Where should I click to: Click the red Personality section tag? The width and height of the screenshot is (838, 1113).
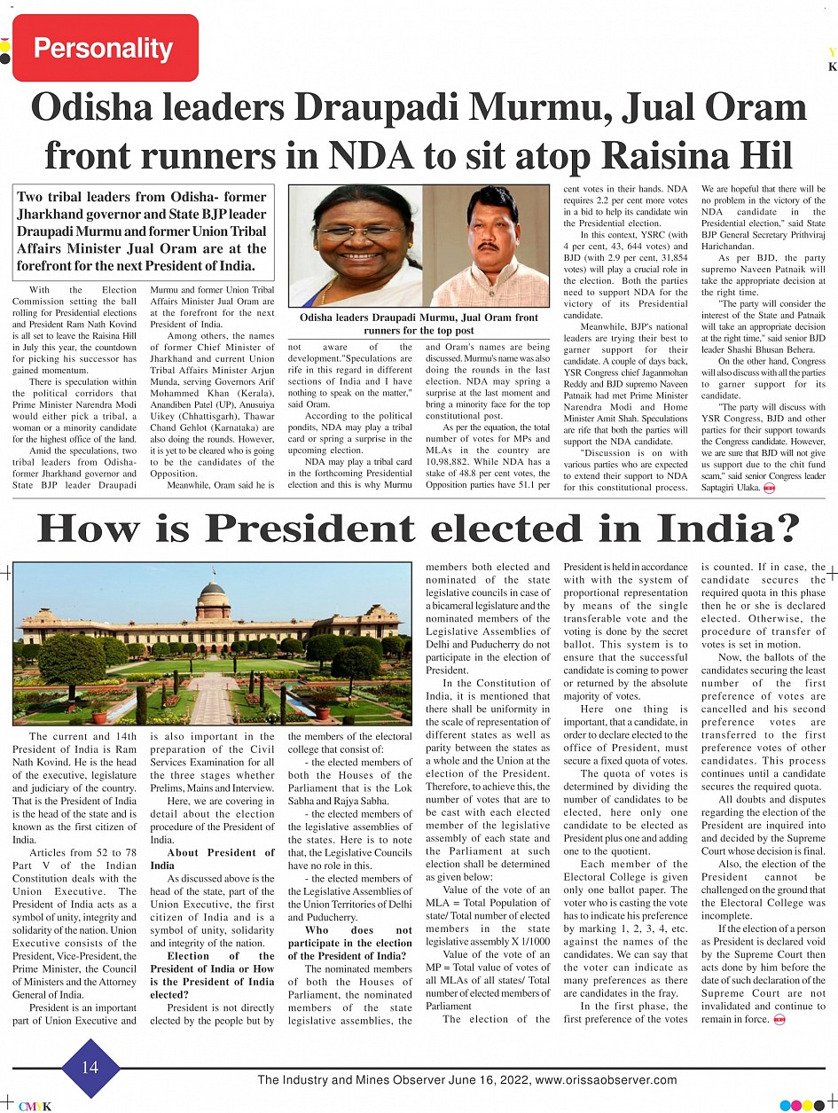(x=105, y=48)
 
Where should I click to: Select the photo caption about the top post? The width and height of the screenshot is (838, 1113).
(x=419, y=324)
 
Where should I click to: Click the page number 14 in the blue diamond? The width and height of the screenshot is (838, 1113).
(x=90, y=1068)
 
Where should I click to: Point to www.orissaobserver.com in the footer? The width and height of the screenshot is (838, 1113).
(x=607, y=1080)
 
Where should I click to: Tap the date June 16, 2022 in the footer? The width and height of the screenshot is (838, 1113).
(x=485, y=1080)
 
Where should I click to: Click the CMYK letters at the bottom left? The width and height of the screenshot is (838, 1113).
(x=35, y=1106)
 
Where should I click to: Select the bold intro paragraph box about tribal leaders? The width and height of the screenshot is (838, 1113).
(x=142, y=231)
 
